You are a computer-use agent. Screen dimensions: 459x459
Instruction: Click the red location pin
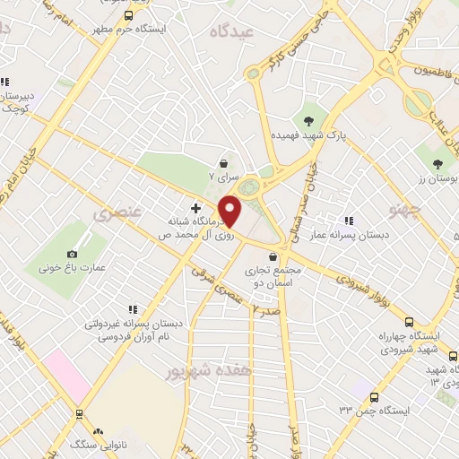tap(230, 212)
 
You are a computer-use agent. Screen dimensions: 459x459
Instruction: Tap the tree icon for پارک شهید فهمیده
tap(309, 121)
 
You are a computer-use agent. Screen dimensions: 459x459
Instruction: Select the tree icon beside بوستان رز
tap(437, 164)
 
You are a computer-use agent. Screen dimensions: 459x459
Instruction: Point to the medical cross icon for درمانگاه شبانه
tap(195, 208)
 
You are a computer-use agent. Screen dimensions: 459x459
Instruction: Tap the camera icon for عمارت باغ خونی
tap(73, 242)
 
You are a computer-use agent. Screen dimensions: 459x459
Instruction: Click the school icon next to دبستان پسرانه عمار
tap(348, 221)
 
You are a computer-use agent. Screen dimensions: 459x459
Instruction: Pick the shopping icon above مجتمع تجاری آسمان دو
tap(273, 256)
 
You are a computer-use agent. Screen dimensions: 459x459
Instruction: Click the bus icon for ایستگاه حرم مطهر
tap(129, 16)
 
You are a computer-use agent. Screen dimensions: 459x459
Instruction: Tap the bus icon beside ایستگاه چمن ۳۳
tap(375, 397)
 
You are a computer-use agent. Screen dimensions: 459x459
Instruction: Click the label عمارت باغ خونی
tap(73, 267)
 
